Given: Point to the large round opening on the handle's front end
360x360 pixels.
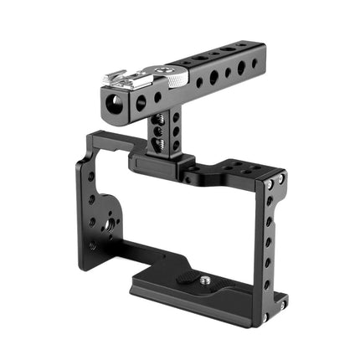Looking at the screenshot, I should click(x=111, y=103).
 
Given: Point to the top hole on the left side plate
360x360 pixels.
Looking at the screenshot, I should click(x=90, y=177).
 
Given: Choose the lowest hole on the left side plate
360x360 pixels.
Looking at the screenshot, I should click(x=91, y=246).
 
